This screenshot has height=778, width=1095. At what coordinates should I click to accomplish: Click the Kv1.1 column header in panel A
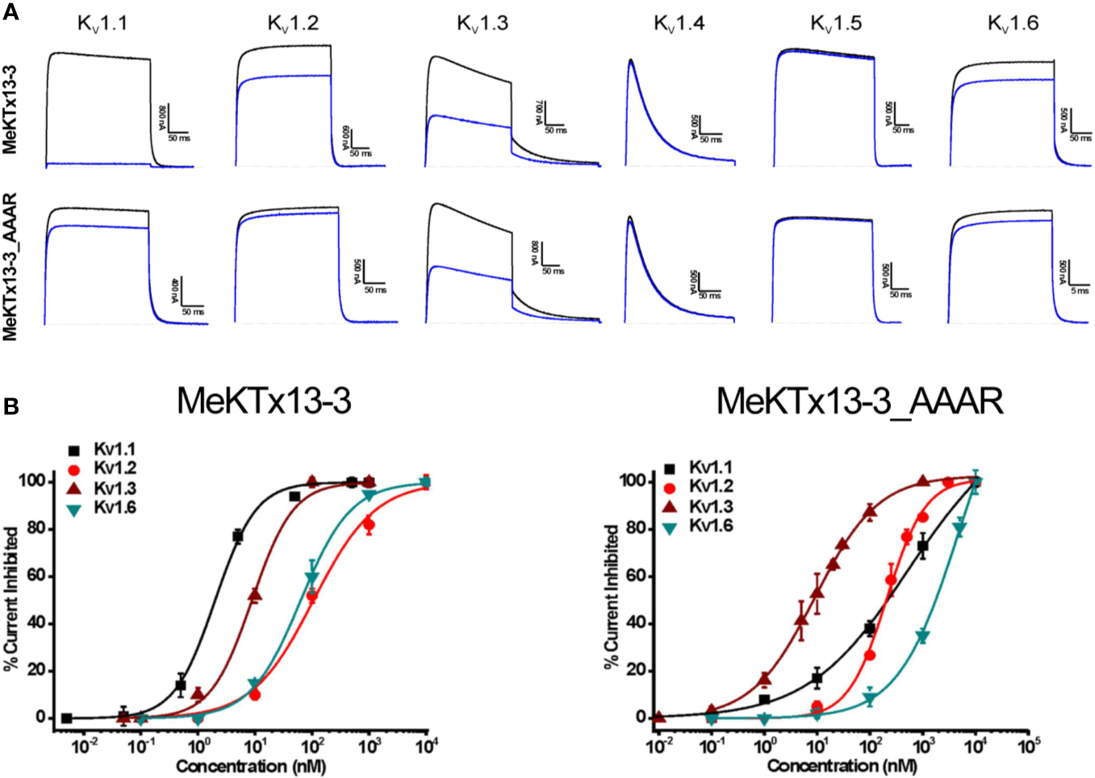coord(102,23)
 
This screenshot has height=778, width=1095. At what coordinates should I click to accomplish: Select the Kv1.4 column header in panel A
coord(679,23)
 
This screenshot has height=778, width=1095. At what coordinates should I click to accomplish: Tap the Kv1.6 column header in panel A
coord(1013,23)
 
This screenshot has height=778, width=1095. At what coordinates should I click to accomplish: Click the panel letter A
coord(10,12)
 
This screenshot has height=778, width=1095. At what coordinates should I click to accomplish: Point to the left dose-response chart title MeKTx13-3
coord(264,401)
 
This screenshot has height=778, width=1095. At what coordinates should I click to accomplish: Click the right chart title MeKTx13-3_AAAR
coord(859,401)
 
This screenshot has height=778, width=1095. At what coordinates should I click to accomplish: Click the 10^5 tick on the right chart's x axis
coord(1028,747)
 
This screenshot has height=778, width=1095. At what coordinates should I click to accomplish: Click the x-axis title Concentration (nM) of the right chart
coord(842,766)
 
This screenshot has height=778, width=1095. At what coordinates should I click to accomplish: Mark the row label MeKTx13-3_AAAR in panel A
coord(11,266)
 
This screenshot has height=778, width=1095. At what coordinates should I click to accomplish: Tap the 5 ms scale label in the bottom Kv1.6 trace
coord(1080,291)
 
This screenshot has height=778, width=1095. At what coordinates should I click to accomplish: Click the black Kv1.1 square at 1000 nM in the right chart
coord(922,547)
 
